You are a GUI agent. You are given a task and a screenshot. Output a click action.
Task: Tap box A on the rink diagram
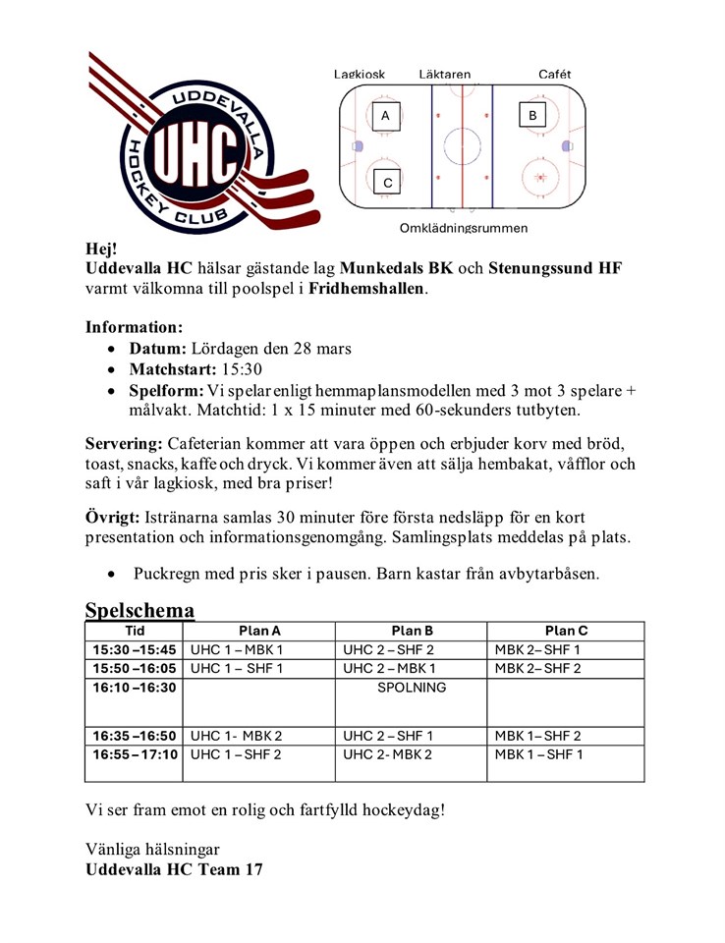tap(385, 116)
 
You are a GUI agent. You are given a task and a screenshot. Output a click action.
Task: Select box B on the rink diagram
tap(532, 116)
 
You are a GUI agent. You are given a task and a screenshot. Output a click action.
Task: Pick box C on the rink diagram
tap(387, 183)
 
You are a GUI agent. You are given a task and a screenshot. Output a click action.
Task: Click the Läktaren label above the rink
tap(444, 74)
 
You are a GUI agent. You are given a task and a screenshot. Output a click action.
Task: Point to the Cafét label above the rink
tap(554, 74)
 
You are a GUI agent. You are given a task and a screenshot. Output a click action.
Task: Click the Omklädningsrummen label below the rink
tap(463, 229)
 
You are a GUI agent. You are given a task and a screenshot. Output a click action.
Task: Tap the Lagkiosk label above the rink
tap(360, 74)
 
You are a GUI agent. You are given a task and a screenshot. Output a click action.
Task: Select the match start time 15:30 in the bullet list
tap(241, 370)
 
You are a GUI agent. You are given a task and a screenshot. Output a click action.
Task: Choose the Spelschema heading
tap(139, 610)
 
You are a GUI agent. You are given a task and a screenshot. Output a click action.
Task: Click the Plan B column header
tap(412, 631)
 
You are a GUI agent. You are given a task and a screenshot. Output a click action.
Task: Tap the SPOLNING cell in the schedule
tap(412, 688)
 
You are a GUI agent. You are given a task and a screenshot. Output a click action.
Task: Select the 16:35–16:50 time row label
tap(134, 736)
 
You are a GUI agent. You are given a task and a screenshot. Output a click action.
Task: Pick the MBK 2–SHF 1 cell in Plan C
tap(537, 649)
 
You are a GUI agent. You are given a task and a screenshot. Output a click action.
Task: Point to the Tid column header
tap(134, 631)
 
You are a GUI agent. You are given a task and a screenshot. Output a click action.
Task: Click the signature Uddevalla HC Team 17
tap(173, 869)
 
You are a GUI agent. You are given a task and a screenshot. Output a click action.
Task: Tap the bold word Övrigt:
tap(112, 516)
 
